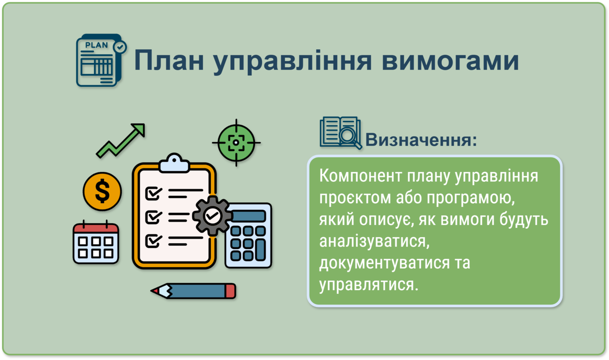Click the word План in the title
(x=169, y=60)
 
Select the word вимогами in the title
(x=450, y=60)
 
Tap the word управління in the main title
(x=292, y=61)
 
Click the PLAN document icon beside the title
(x=101, y=60)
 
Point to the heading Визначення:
(x=421, y=140)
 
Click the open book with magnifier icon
(x=341, y=133)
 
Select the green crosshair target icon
(x=236, y=142)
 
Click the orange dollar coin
(x=102, y=192)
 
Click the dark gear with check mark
(x=213, y=216)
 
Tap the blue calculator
(x=248, y=235)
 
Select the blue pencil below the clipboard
(x=193, y=291)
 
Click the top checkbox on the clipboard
(x=154, y=193)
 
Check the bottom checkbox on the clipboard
(x=154, y=241)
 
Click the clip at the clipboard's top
(x=174, y=163)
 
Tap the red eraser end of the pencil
(x=230, y=291)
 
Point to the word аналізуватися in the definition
(x=374, y=241)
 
